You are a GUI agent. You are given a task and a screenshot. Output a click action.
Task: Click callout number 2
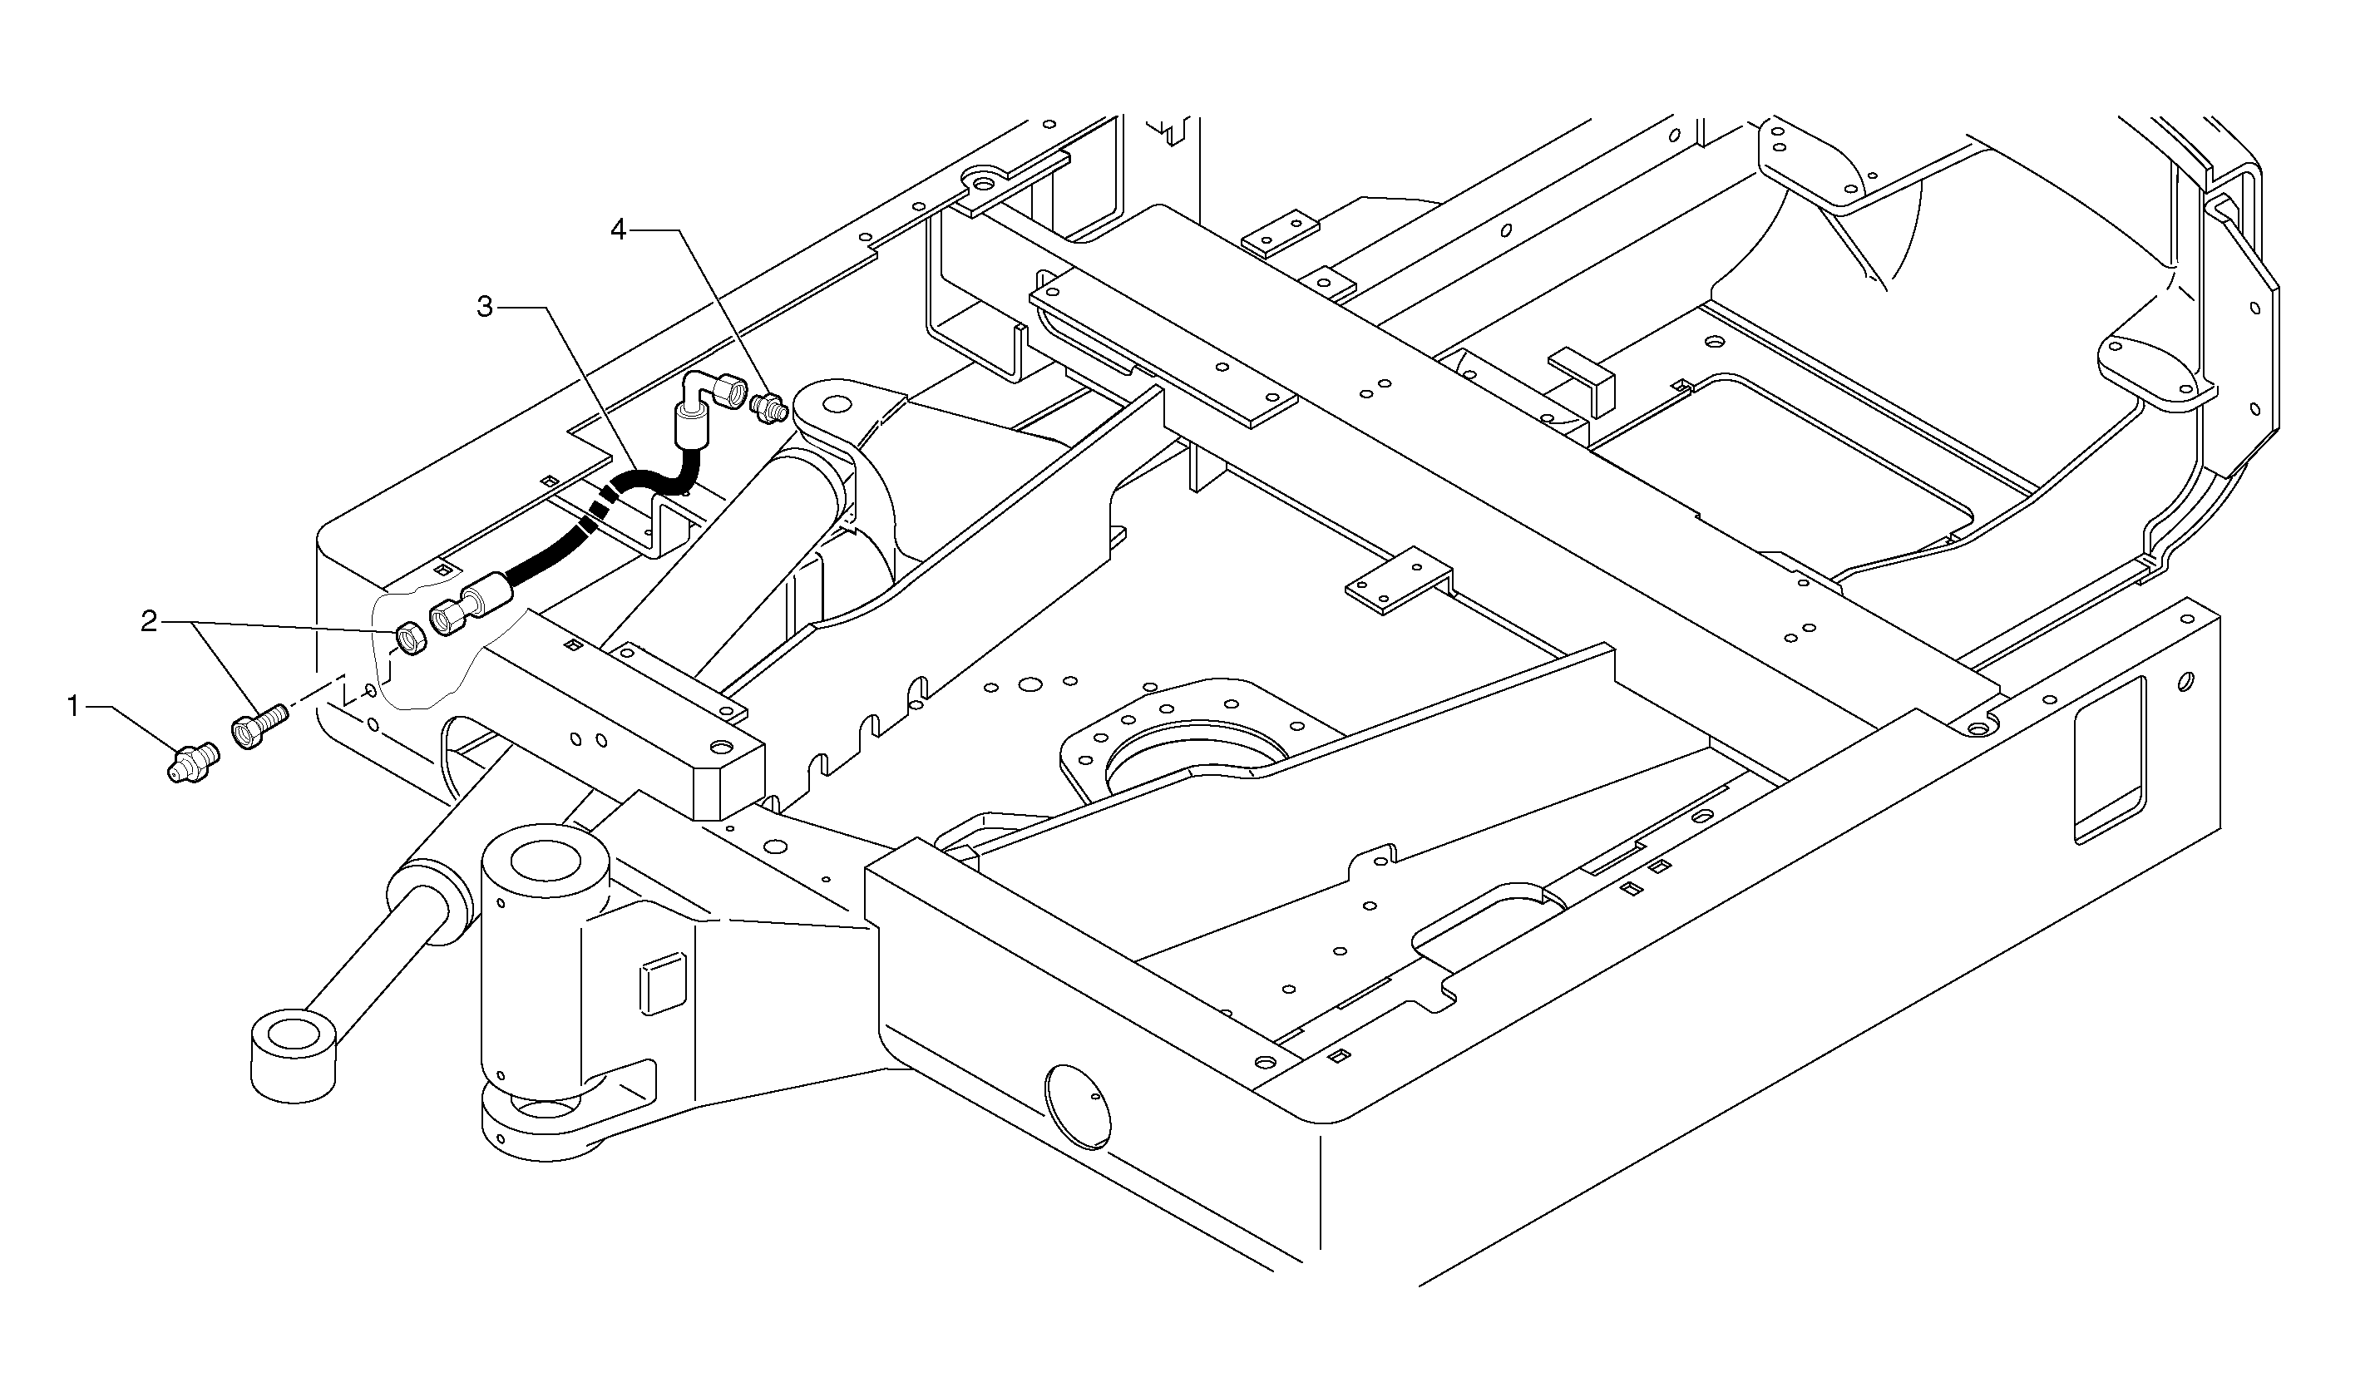(148, 621)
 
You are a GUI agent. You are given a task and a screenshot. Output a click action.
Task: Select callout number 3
(485, 307)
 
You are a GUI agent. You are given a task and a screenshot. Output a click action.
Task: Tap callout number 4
(619, 230)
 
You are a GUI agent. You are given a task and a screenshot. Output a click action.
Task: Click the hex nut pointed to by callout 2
(410, 640)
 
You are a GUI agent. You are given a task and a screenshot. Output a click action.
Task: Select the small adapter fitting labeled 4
(768, 409)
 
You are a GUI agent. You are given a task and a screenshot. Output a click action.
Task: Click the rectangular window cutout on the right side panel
(2109, 759)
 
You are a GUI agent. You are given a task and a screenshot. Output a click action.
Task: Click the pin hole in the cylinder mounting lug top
(834, 404)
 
